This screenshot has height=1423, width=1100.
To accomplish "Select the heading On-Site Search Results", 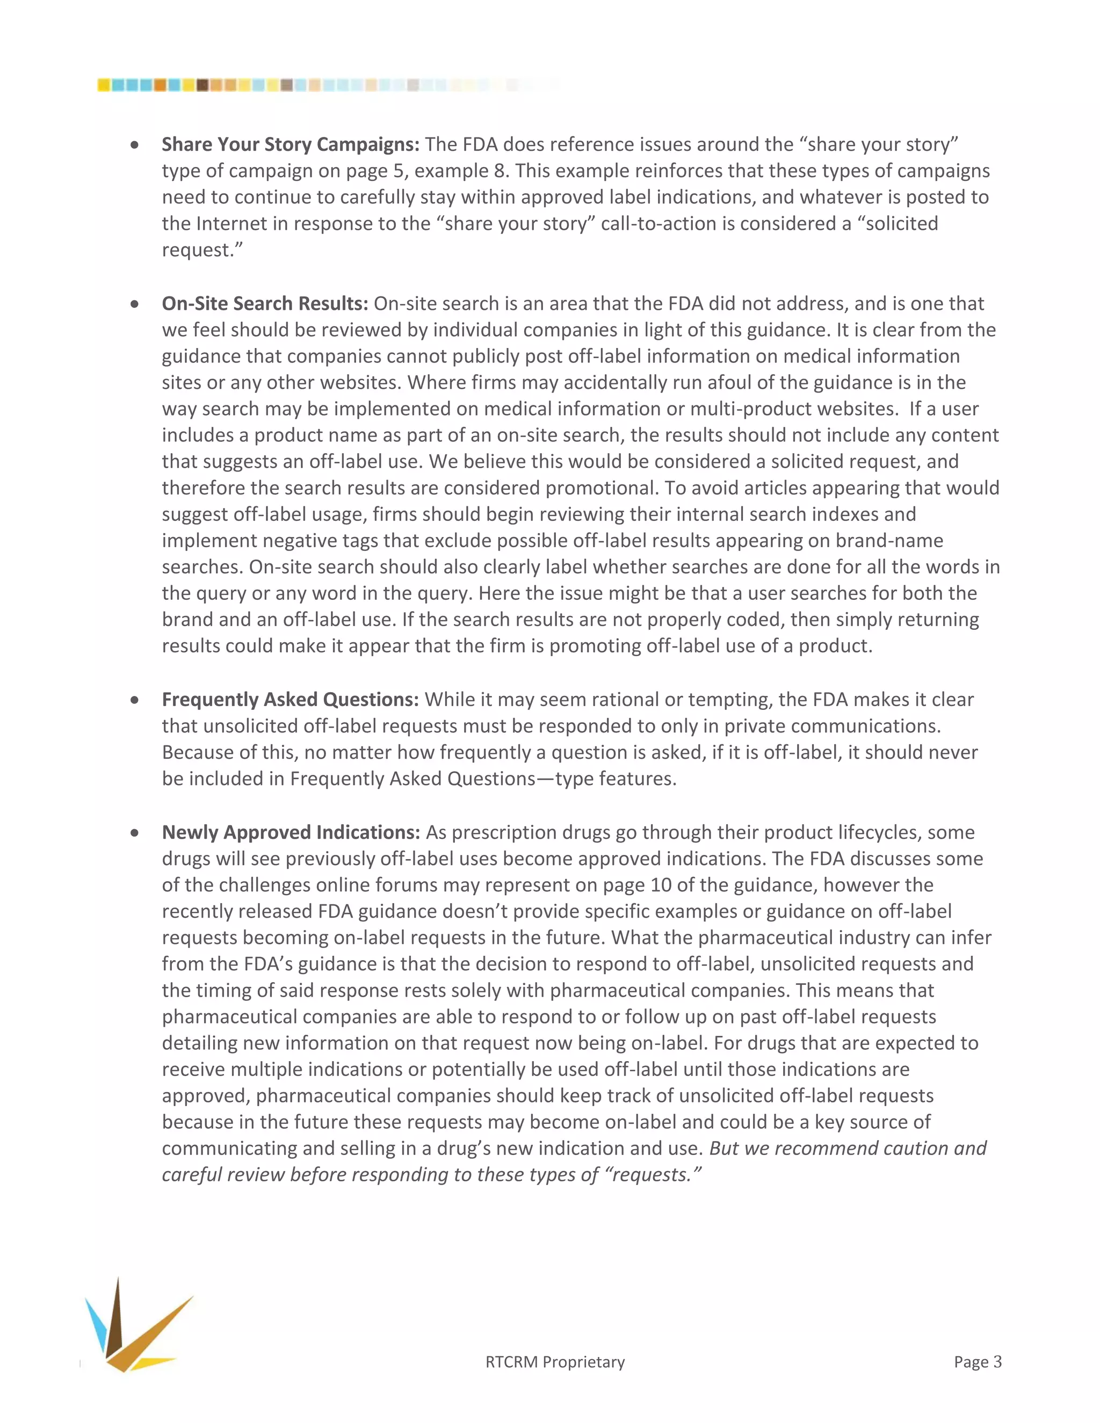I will tap(265, 303).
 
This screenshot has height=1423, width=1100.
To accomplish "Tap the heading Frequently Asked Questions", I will tap(290, 700).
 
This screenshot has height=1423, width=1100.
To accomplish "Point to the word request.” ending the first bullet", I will tap(202, 250).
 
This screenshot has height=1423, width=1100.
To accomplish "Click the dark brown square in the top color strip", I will tap(202, 85).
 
